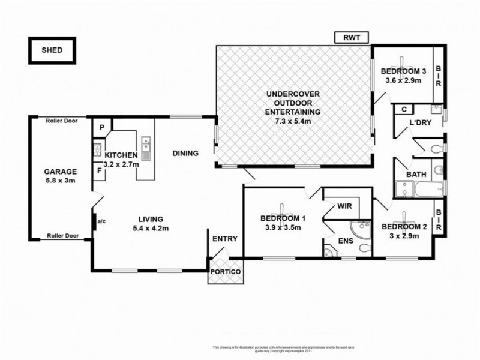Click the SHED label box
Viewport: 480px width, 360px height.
[x=51, y=50]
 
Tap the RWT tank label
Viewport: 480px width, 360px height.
[x=352, y=38]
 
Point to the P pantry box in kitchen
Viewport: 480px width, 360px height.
[x=102, y=127]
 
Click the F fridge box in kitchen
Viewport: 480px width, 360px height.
[x=100, y=171]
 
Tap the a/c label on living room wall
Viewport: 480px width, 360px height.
[x=101, y=221]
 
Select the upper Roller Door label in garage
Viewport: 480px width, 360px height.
[x=62, y=121]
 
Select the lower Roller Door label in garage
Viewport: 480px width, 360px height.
[x=62, y=236]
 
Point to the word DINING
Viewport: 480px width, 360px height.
[x=185, y=153]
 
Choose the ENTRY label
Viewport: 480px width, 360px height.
[x=226, y=238]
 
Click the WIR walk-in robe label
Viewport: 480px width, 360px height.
[x=344, y=206]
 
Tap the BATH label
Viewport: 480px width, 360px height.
[x=416, y=175]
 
